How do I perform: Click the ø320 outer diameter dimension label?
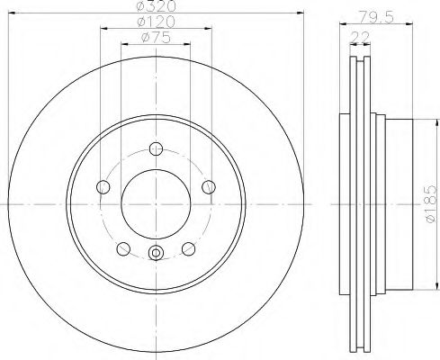155,7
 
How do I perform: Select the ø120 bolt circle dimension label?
155,22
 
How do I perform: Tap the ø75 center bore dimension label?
155,38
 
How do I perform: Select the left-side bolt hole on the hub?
102,187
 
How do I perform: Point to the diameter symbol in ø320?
140,7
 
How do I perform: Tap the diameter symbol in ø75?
144,38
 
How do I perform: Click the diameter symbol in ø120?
140,22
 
